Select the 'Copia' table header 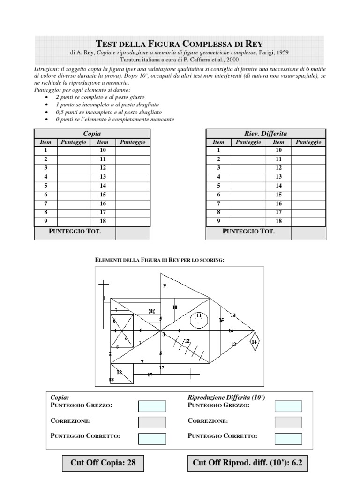92,134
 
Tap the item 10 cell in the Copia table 103,150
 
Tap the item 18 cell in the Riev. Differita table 278,221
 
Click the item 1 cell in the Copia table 46,150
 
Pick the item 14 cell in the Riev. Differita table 278,186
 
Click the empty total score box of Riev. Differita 308,232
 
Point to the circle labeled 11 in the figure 199,320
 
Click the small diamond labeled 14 254,342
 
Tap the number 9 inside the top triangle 165,285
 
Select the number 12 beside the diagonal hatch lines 187,341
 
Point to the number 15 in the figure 221,320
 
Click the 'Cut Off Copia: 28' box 103,463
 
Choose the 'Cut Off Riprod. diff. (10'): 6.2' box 247,463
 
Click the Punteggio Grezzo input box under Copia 152,406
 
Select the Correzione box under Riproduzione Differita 288,422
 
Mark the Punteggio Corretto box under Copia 152,438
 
